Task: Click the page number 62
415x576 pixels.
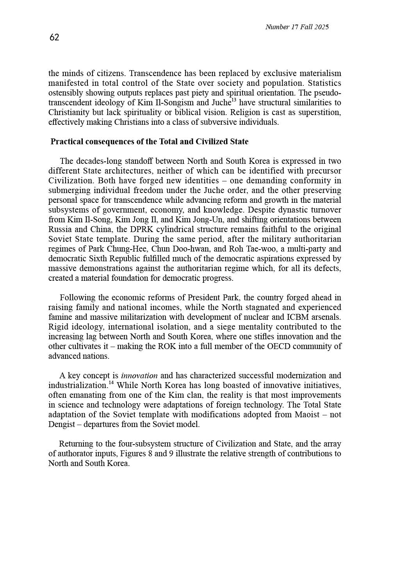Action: (54, 37)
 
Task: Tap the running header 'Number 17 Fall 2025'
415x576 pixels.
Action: (297, 27)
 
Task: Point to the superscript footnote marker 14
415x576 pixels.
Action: (111, 383)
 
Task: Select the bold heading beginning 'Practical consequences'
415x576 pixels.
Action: (150, 142)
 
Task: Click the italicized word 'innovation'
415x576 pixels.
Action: (139, 376)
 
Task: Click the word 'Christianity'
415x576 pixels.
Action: (71, 113)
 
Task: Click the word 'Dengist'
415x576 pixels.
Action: (62, 425)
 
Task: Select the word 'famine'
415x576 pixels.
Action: (60, 317)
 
